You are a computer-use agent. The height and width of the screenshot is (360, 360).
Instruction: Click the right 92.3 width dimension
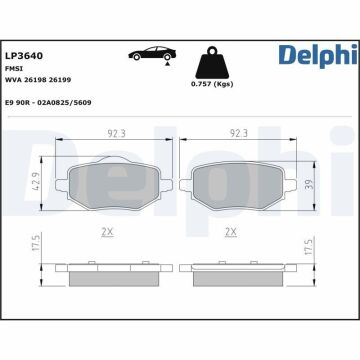(237, 131)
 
